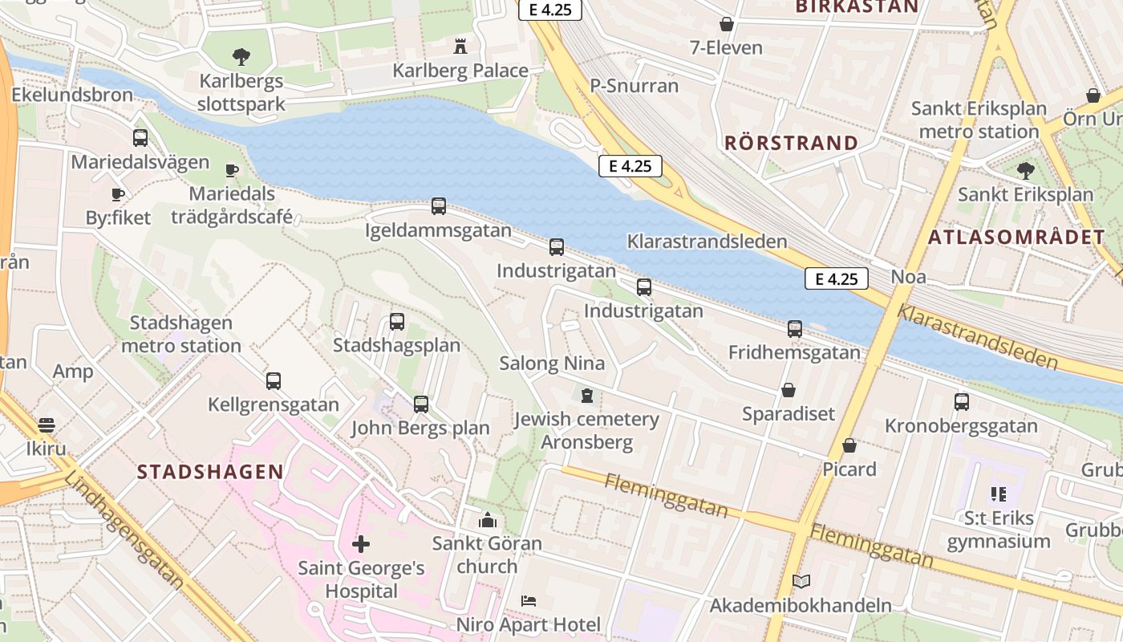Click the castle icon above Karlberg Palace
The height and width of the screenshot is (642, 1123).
point(460,46)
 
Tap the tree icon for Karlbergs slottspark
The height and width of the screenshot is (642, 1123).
point(241,57)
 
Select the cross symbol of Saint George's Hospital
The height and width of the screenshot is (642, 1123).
point(361,544)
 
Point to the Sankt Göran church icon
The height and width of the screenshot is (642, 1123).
point(487,520)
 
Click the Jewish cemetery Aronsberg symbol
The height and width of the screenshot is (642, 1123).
point(586,395)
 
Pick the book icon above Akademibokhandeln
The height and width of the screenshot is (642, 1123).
point(801,582)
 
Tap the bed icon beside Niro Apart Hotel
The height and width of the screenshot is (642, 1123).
point(528,600)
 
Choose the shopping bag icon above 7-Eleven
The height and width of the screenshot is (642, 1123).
point(726,24)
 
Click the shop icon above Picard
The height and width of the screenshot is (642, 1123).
point(849,445)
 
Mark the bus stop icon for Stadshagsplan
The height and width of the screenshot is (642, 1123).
point(396,322)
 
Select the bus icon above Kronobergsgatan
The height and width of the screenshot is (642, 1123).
point(961,402)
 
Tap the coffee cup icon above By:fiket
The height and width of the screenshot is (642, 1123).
point(118,194)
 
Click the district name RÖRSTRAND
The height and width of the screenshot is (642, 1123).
point(791,144)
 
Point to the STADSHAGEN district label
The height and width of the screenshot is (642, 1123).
point(210,472)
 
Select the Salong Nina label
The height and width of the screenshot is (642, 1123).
point(552,363)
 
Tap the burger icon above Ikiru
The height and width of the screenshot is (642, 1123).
point(47,425)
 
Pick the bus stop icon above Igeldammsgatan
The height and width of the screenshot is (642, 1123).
point(438,206)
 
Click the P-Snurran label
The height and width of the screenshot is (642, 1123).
point(634,86)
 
